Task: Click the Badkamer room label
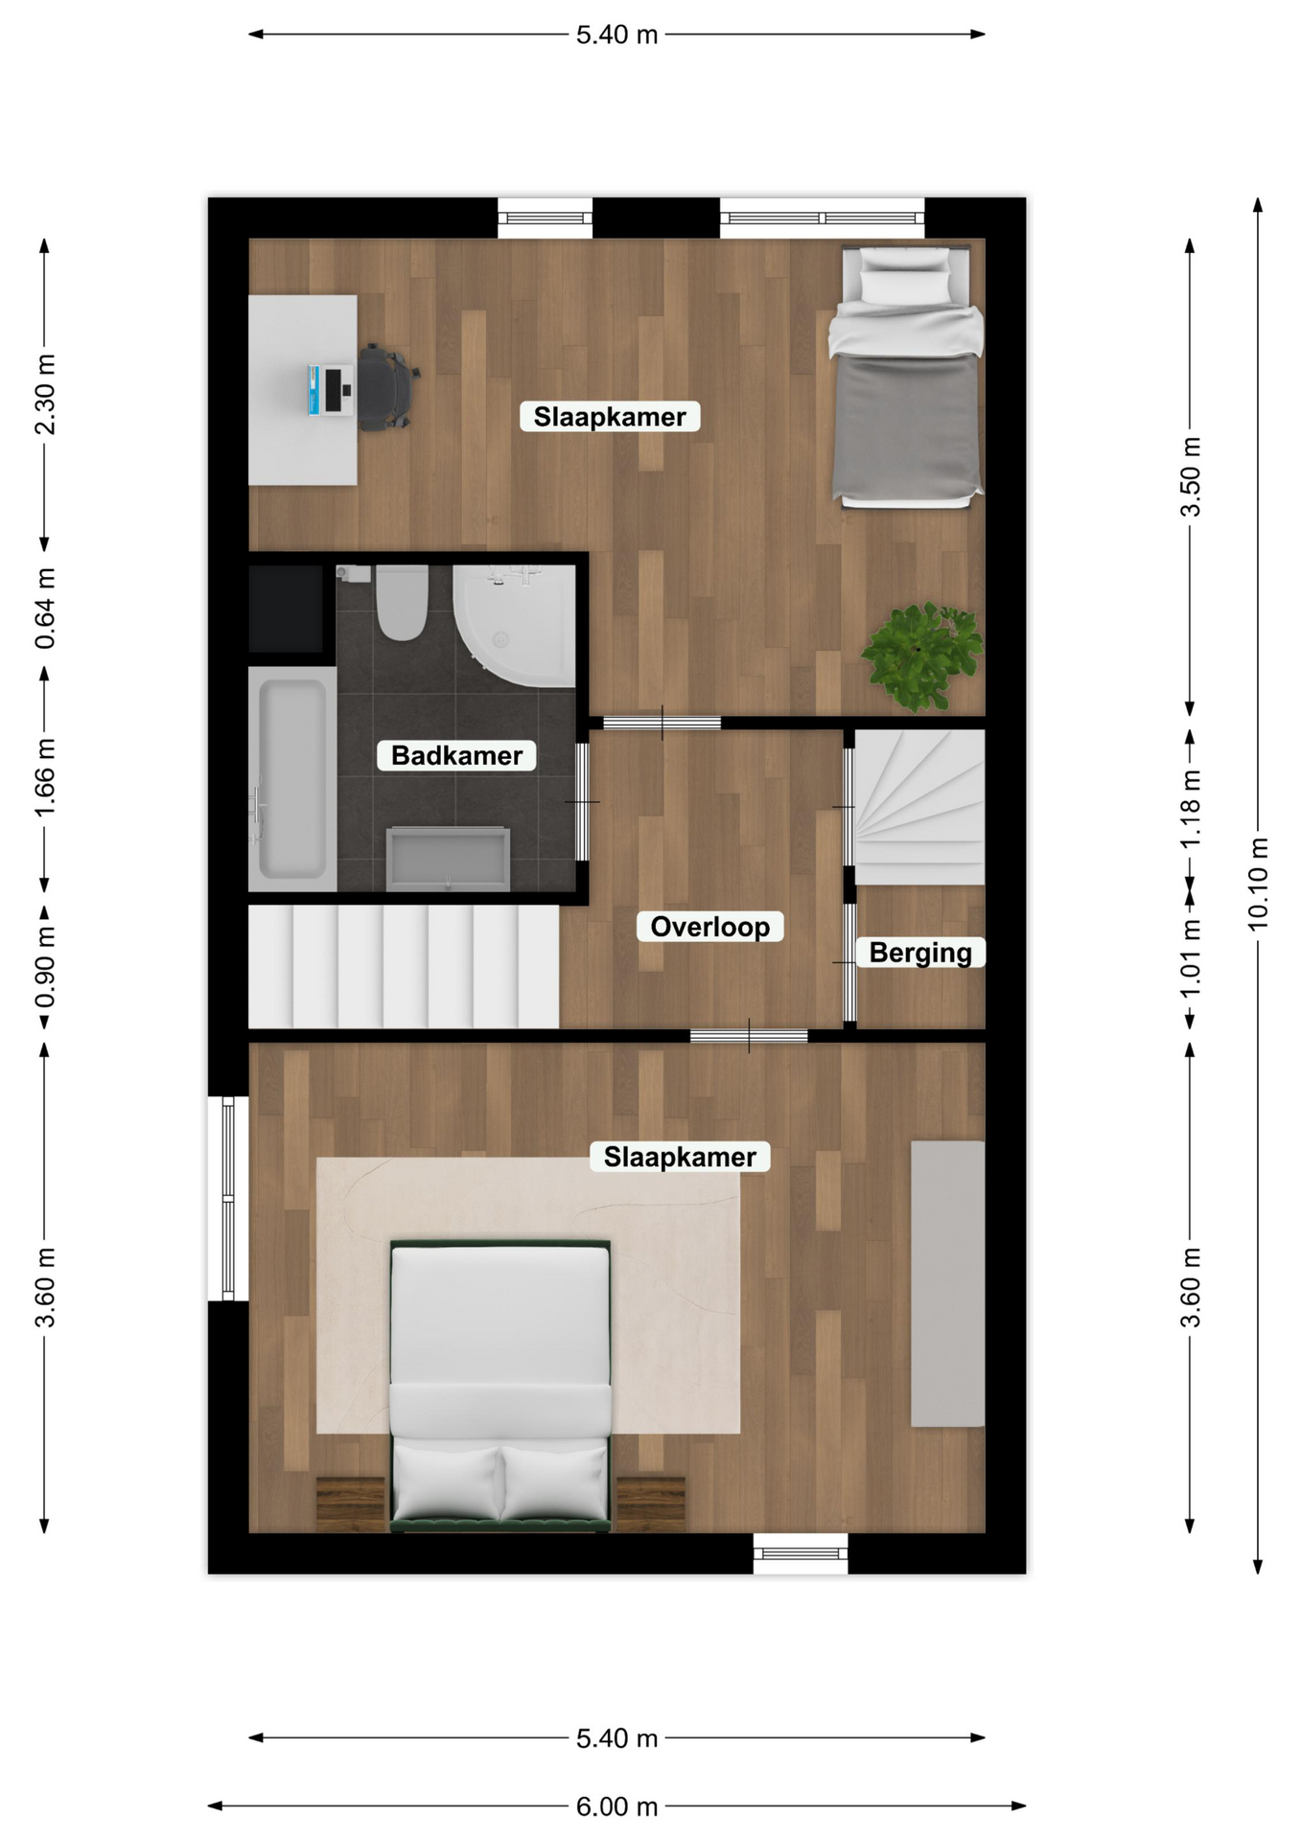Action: click(456, 755)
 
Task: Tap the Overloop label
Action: click(709, 927)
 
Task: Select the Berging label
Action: click(920, 953)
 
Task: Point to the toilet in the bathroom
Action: click(401, 603)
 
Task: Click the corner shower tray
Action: click(515, 625)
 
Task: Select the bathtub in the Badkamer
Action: click(292, 779)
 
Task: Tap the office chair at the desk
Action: click(386, 388)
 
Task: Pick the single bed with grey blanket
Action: click(906, 376)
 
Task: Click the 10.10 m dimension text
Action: click(1258, 884)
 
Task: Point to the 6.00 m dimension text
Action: click(616, 1806)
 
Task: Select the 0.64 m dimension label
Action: click(45, 609)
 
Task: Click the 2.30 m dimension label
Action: click(45, 394)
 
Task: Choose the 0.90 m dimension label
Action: click(45, 968)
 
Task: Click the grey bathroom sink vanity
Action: click(448, 859)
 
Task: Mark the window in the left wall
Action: click(228, 1198)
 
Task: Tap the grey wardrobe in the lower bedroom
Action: click(947, 1283)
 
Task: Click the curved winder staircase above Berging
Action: click(919, 807)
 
